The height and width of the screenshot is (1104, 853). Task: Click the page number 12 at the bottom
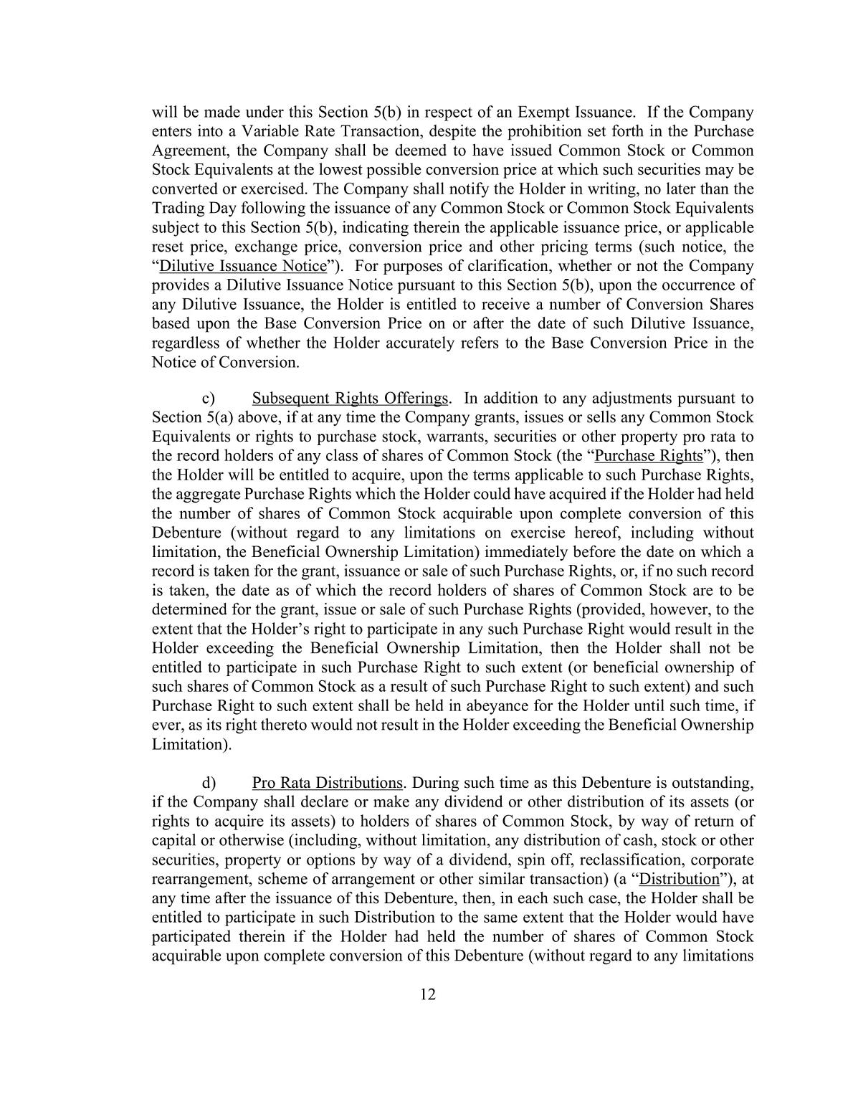pos(428,994)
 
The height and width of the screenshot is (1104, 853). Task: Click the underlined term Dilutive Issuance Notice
pos(242,266)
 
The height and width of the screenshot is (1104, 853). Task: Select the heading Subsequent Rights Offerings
pos(351,398)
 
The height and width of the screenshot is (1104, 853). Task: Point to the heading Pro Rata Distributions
pos(328,782)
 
